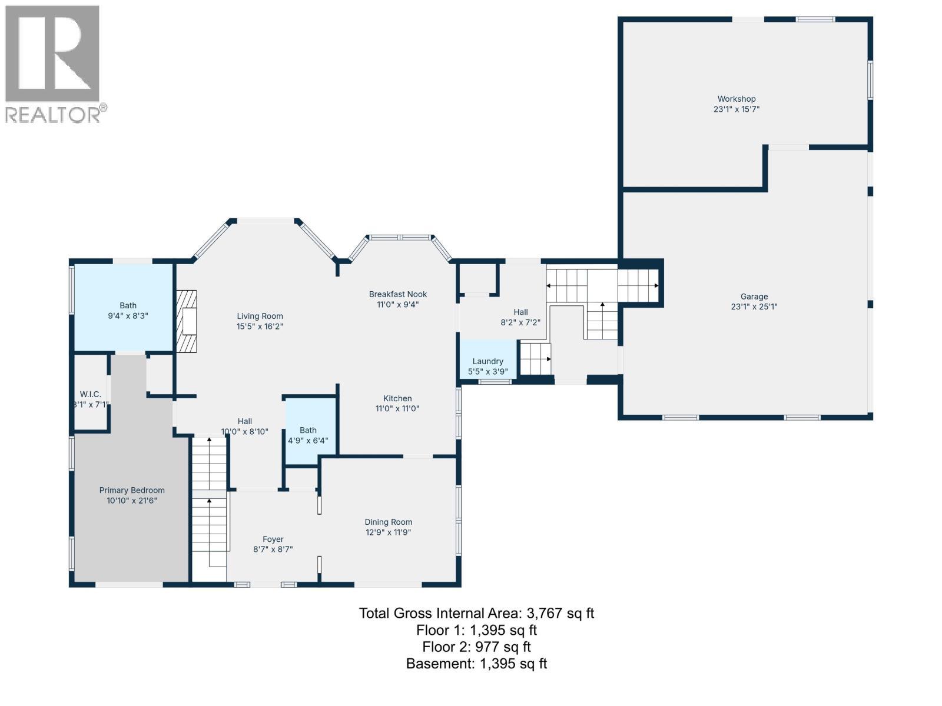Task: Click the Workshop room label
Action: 736,99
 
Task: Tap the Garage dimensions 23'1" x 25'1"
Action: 754,307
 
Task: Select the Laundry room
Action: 487,361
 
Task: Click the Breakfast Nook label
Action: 398,294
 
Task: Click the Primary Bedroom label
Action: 131,490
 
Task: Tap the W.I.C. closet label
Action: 91,394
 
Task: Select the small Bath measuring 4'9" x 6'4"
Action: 308,435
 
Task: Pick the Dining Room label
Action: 388,522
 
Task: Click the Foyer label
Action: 273,539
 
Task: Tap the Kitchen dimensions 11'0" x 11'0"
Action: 397,408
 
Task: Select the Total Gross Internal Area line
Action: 476,613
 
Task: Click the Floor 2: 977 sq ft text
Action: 476,647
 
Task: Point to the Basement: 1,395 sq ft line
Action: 476,664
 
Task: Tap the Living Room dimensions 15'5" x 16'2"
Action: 260,326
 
